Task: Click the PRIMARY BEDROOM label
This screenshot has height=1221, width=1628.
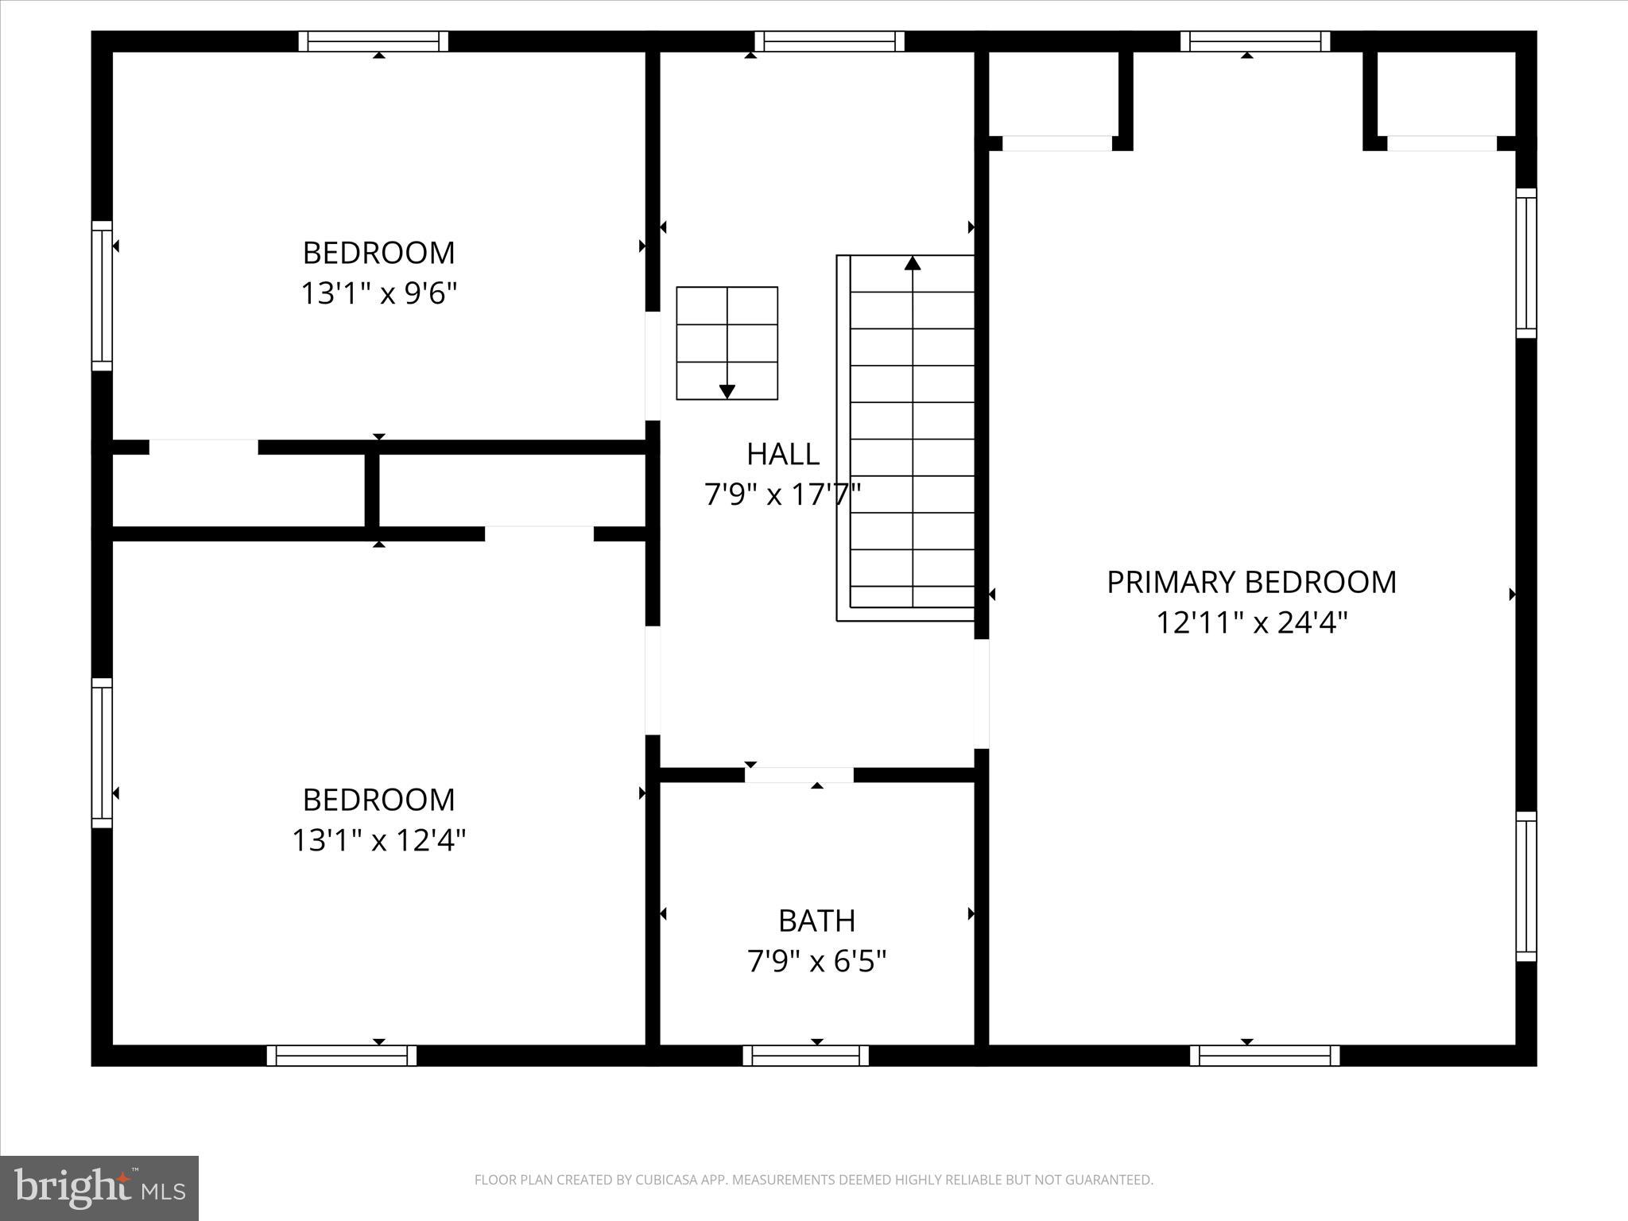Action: [1251, 582]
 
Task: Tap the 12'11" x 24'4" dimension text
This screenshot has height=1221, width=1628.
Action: [1251, 622]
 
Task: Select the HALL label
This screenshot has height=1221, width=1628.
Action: [782, 454]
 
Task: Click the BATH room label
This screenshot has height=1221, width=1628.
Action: [816, 921]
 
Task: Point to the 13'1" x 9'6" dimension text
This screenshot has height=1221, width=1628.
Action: [378, 293]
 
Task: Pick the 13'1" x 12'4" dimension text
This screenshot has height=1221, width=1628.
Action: [378, 840]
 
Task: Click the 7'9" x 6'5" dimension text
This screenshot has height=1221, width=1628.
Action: [816, 962]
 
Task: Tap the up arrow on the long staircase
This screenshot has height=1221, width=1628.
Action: [913, 263]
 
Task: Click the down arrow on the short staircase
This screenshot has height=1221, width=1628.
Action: [727, 391]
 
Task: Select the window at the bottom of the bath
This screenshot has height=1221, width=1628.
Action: [805, 1056]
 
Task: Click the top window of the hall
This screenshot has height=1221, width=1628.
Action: [829, 41]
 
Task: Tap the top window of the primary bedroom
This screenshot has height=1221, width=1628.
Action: [1254, 41]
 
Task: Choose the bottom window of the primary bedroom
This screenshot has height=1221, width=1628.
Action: [1264, 1056]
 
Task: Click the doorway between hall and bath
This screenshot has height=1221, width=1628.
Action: [799, 775]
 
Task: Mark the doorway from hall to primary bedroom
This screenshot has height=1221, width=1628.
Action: [982, 694]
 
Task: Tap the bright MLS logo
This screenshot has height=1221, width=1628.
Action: [99, 1188]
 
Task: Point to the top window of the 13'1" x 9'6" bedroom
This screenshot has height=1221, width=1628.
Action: [373, 41]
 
